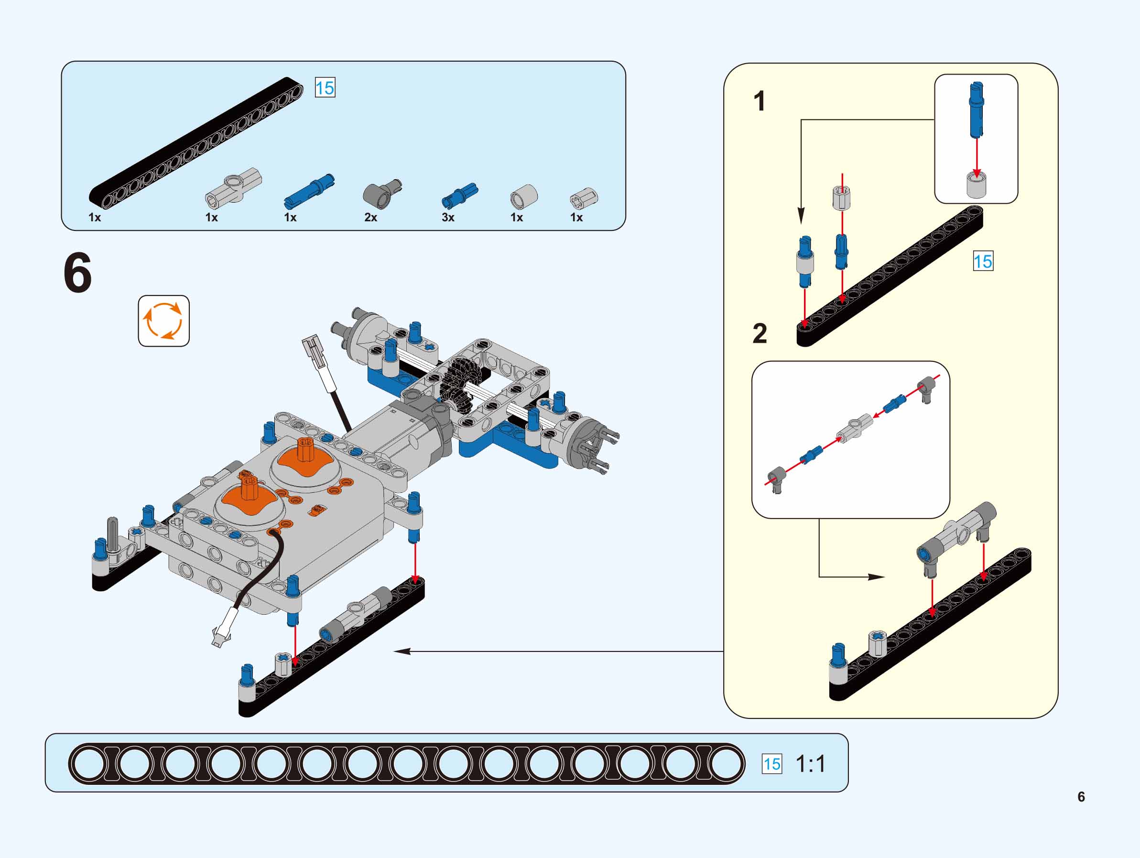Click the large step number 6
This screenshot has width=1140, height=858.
pyautogui.click(x=77, y=273)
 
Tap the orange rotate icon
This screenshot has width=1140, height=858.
pyautogui.click(x=163, y=321)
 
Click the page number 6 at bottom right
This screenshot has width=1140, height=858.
pyautogui.click(x=1081, y=797)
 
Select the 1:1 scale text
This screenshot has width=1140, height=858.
pyautogui.click(x=810, y=764)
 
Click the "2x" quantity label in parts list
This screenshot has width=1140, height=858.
pyautogui.click(x=370, y=217)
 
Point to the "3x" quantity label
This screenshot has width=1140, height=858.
pyautogui.click(x=448, y=217)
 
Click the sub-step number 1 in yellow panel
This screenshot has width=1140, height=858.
pyautogui.click(x=759, y=101)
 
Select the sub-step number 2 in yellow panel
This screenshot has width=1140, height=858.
pyautogui.click(x=760, y=334)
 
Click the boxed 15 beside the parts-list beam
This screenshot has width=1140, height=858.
pyautogui.click(x=325, y=87)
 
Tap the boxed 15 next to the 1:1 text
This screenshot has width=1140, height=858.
pyautogui.click(x=771, y=764)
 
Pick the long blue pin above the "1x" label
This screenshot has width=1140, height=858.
pyautogui.click(x=309, y=191)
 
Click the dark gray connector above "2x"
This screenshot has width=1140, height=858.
pyautogui.click(x=382, y=193)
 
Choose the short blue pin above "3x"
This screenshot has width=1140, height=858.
pyautogui.click(x=460, y=195)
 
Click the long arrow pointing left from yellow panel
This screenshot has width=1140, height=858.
pyautogui.click(x=556, y=652)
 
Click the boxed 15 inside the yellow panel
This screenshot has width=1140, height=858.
pyautogui.click(x=982, y=261)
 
